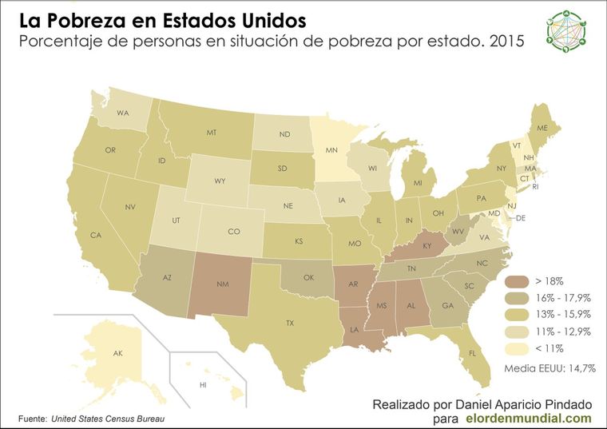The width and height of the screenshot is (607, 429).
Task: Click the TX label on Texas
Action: coord(291,323)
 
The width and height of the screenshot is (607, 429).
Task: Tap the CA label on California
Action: coord(96,236)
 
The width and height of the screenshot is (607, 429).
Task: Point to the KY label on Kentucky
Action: coord(427,246)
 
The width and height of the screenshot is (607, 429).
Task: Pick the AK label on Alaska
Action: coord(117,353)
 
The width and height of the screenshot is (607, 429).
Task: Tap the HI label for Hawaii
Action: coord(203,386)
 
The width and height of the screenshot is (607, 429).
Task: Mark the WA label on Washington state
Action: coord(123,113)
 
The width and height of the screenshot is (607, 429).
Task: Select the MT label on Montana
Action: coord(212,133)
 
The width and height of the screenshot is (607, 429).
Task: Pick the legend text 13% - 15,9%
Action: coord(563,315)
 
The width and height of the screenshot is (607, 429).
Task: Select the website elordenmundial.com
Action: coord(528,417)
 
